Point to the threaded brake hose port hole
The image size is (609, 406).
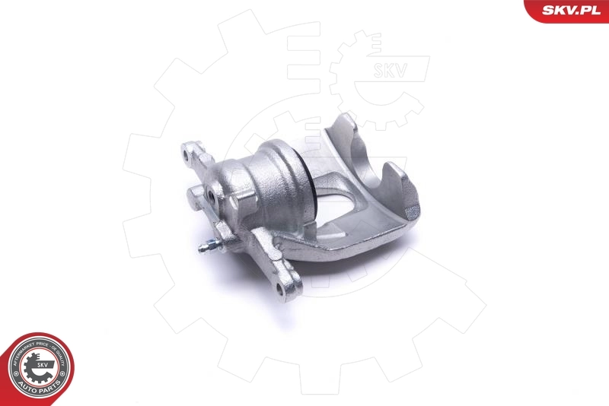tap(210, 195)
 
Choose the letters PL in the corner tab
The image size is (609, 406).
tap(596, 10)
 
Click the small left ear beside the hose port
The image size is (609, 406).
tap(194, 196)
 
